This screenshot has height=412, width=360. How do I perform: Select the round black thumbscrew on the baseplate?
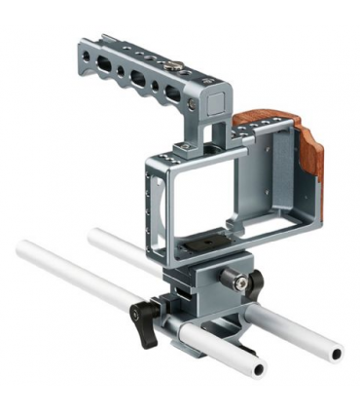[234, 281]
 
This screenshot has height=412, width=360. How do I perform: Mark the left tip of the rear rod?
[93, 234]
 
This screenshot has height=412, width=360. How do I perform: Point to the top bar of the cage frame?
[195, 162]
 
